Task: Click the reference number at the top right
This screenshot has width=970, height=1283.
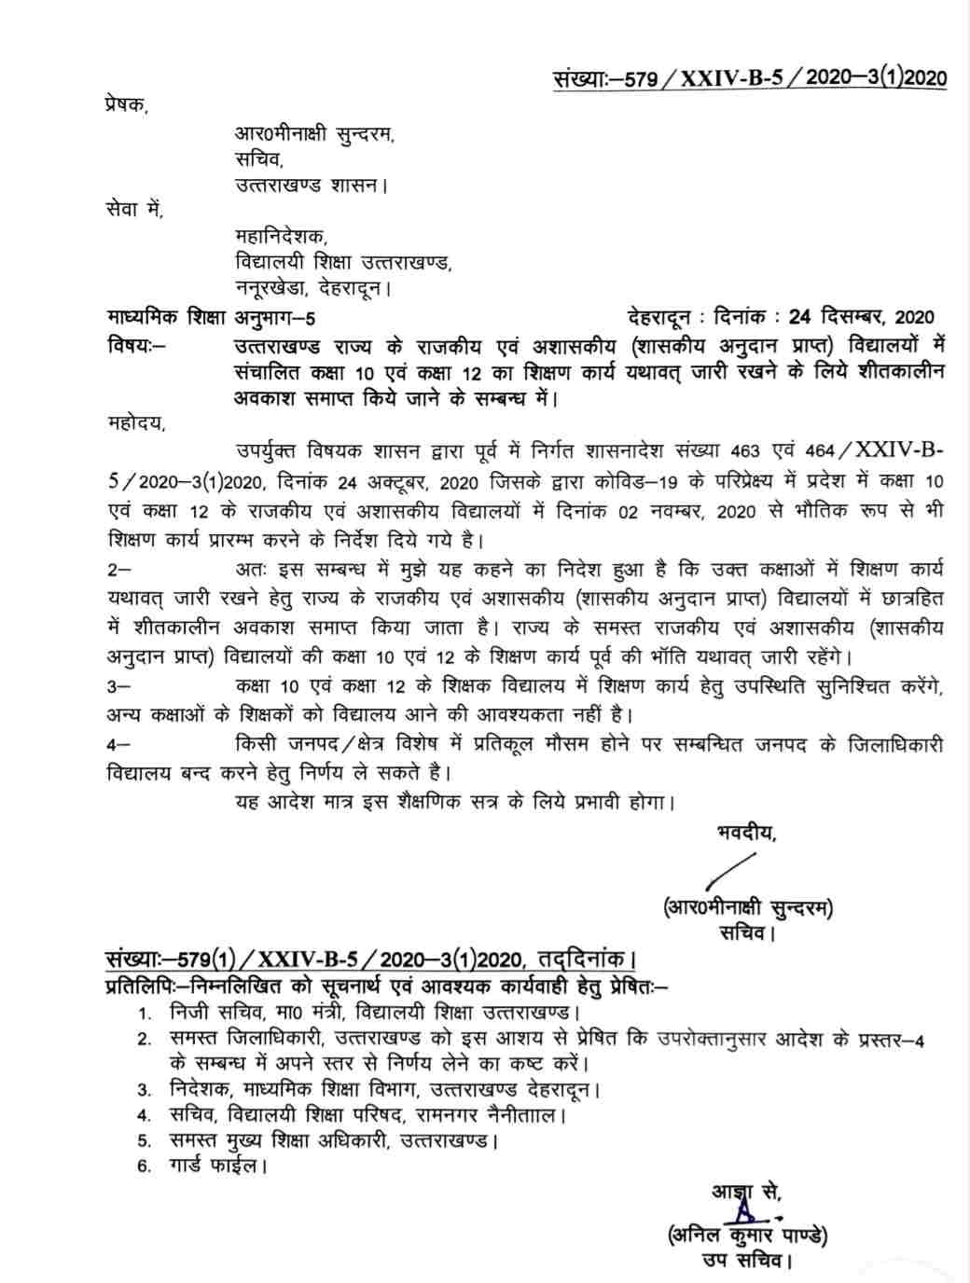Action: pos(748,77)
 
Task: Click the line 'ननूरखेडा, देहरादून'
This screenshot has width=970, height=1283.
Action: pos(312,290)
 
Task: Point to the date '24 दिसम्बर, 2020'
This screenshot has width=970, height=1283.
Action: pos(860,318)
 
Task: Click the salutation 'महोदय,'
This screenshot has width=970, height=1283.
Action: pos(136,424)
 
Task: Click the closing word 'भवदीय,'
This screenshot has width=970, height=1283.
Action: pos(745,833)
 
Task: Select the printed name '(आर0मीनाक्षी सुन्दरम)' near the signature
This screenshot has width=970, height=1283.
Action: pos(747,907)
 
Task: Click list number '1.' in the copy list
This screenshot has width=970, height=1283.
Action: pos(145,1014)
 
